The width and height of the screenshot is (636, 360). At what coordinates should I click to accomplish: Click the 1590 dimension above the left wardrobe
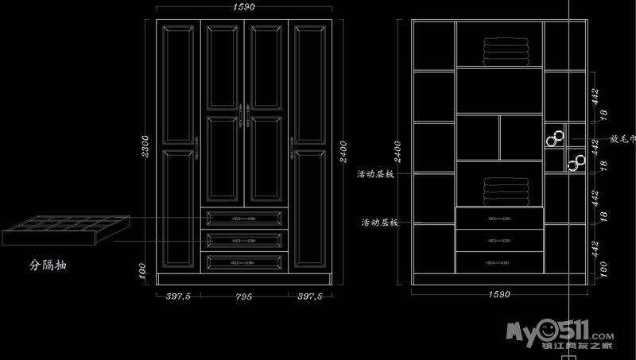[244, 7]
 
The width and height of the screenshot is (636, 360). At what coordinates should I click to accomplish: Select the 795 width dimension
[244, 296]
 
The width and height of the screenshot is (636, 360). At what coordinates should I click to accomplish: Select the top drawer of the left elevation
[244, 219]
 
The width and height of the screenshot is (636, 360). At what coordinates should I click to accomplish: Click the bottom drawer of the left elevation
[244, 261]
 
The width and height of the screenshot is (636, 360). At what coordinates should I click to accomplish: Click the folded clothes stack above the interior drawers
[506, 191]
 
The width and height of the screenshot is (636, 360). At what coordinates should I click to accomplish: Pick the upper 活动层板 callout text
[376, 172]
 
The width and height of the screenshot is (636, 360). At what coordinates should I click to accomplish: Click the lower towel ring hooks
[575, 163]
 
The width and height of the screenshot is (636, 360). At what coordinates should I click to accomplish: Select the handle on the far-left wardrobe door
[196, 144]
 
